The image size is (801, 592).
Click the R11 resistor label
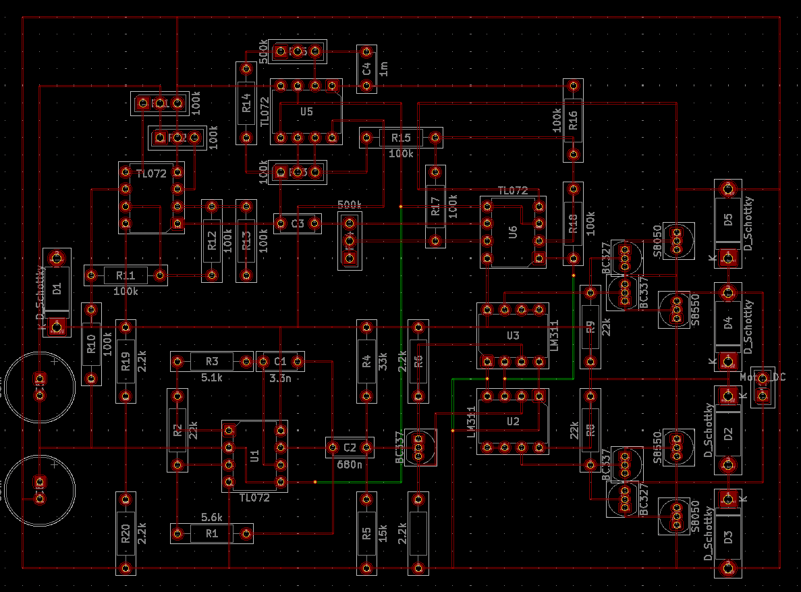[x=126, y=275]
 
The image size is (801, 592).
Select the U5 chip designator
[x=306, y=111]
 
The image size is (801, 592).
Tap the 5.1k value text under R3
[x=211, y=378]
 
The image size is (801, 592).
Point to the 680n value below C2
[x=348, y=464]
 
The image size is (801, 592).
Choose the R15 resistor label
[x=400, y=138]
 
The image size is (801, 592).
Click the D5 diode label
[x=727, y=219]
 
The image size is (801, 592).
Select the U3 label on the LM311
[x=513, y=335]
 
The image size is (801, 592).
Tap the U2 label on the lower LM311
[x=513, y=421]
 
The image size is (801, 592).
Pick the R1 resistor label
[x=212, y=534]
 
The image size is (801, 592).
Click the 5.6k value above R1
[x=212, y=517]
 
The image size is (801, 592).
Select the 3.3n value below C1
[x=280, y=378]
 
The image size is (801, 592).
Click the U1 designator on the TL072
[x=255, y=456]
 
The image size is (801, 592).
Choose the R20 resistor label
[x=125, y=538]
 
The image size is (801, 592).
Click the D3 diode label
[x=727, y=538]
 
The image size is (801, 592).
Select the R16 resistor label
[x=573, y=120]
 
